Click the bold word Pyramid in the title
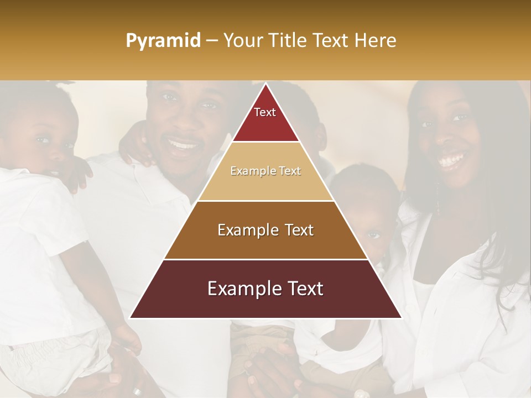point(163,41)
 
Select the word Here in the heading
point(375,41)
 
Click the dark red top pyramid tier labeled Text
point(265,119)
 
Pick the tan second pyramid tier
point(265,171)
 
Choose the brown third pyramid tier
point(265,230)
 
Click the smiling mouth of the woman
point(451,161)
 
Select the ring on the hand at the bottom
point(137,391)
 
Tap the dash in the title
point(212,41)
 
